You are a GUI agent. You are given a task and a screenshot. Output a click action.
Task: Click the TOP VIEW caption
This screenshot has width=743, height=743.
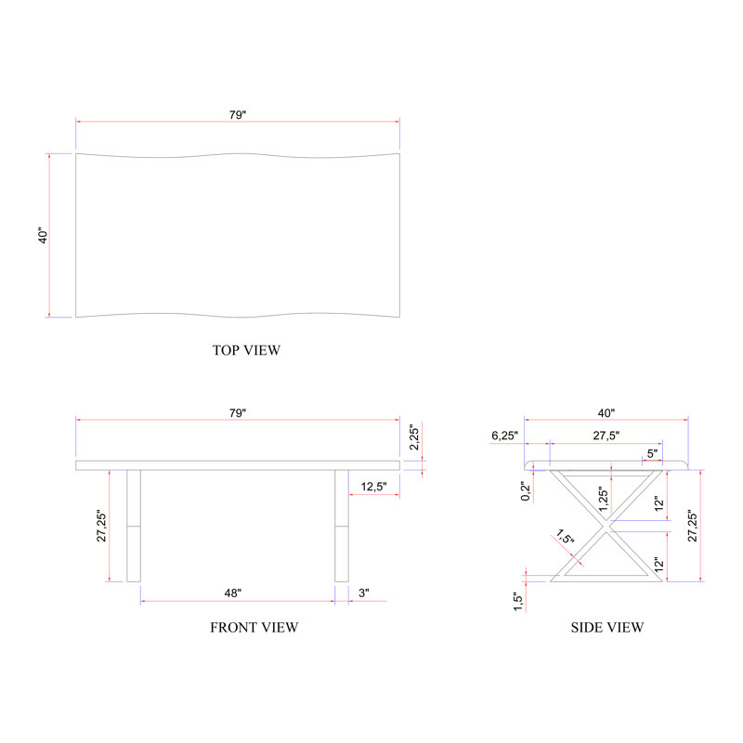pyautogui.click(x=246, y=350)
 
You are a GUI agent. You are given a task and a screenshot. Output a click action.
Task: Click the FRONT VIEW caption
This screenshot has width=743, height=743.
pyautogui.click(x=254, y=628)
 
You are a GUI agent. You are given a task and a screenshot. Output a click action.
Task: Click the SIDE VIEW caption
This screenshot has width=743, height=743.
pyautogui.click(x=607, y=628)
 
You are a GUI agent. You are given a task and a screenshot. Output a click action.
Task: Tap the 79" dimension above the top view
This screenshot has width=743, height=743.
pyautogui.click(x=238, y=115)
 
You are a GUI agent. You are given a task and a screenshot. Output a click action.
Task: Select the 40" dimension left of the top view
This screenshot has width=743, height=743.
pyautogui.click(x=43, y=236)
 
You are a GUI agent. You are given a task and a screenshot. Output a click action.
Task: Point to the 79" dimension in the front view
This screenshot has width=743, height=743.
pyautogui.click(x=238, y=413)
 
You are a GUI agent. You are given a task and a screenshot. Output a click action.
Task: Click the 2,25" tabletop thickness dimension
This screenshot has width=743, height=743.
pyautogui.click(x=414, y=437)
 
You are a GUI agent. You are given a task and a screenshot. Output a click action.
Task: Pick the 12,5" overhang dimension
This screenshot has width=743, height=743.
pyautogui.click(x=374, y=487)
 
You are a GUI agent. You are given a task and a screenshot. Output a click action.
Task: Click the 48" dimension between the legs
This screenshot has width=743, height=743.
pyautogui.click(x=233, y=593)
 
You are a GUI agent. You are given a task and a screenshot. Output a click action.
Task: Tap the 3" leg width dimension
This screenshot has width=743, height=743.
pyautogui.click(x=364, y=593)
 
